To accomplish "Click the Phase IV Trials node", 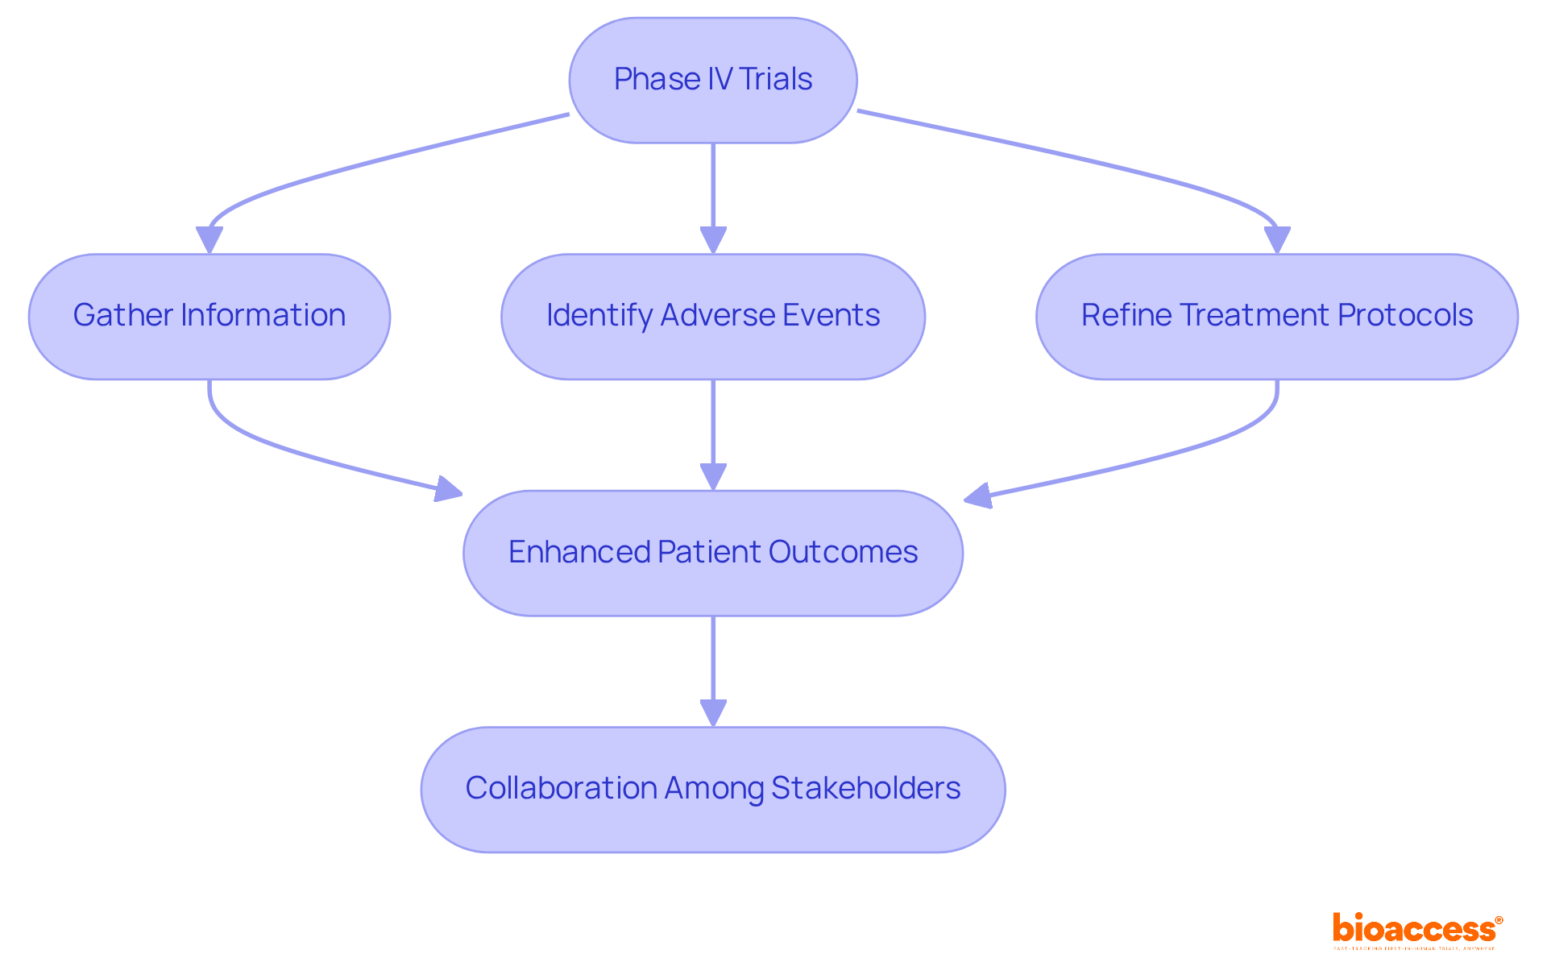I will click(712, 80).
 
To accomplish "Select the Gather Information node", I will click(209, 316).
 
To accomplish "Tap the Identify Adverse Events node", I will click(712, 316).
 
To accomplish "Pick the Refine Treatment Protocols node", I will click(1276, 316).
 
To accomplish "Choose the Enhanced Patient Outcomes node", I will click(712, 553).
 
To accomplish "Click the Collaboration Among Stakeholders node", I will click(712, 789).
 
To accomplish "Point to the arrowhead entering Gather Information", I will click(209, 240).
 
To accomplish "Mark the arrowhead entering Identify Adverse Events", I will click(713, 240).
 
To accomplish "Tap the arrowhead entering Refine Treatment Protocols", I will click(1277, 240).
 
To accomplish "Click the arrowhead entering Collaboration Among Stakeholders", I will click(713, 713).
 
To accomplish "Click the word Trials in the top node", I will click(775, 80).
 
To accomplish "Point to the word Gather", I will click(122, 316).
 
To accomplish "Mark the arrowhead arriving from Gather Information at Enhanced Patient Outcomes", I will click(449, 488).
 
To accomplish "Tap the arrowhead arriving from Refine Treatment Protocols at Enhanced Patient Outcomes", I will click(977, 495).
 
